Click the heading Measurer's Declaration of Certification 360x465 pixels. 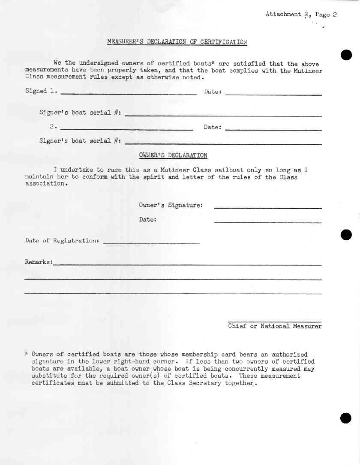[x=177, y=42]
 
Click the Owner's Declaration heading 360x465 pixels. [x=173, y=155]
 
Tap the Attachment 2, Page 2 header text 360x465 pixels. [x=301, y=15]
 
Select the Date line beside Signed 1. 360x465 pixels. [x=273, y=94]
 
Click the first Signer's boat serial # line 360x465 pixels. [x=223, y=116]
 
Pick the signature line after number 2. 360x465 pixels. [x=127, y=129]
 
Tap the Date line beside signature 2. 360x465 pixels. [x=273, y=129]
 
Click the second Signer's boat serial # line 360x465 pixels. [x=223, y=144]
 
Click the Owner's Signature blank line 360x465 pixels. [x=268, y=208]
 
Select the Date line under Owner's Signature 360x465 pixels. [x=268, y=222]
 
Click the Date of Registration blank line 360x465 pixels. [x=152, y=243]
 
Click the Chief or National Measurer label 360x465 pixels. [x=275, y=326]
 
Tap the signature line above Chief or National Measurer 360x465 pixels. [x=275, y=321]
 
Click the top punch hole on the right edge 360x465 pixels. [x=346, y=55]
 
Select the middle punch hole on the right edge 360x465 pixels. [x=346, y=235]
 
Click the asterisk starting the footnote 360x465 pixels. [x=27, y=354]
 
